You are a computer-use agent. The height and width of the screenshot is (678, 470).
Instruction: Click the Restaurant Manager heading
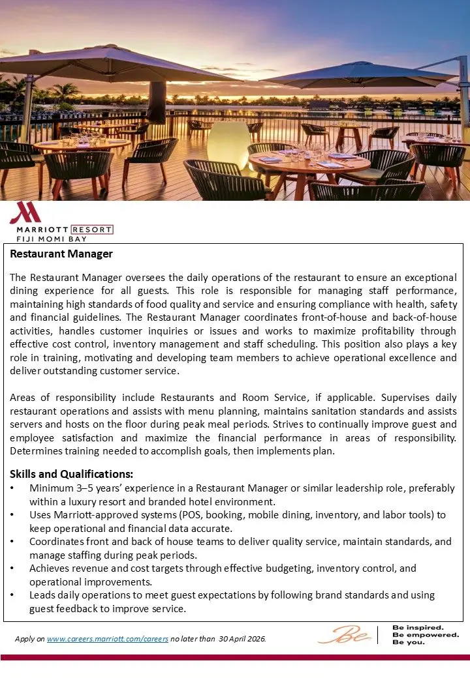61,254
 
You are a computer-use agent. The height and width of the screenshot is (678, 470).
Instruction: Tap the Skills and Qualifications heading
72,474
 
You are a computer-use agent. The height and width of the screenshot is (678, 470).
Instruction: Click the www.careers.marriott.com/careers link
108,639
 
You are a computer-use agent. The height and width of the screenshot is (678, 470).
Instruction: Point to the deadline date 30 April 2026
242,639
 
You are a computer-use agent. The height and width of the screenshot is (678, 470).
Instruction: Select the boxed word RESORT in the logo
91,229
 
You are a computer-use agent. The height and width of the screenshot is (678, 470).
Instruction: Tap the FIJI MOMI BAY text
46,239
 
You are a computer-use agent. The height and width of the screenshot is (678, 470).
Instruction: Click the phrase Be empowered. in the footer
425,634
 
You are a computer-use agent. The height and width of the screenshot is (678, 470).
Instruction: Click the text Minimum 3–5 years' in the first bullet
71,488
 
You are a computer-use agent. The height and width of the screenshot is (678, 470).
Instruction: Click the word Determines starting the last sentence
37,451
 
